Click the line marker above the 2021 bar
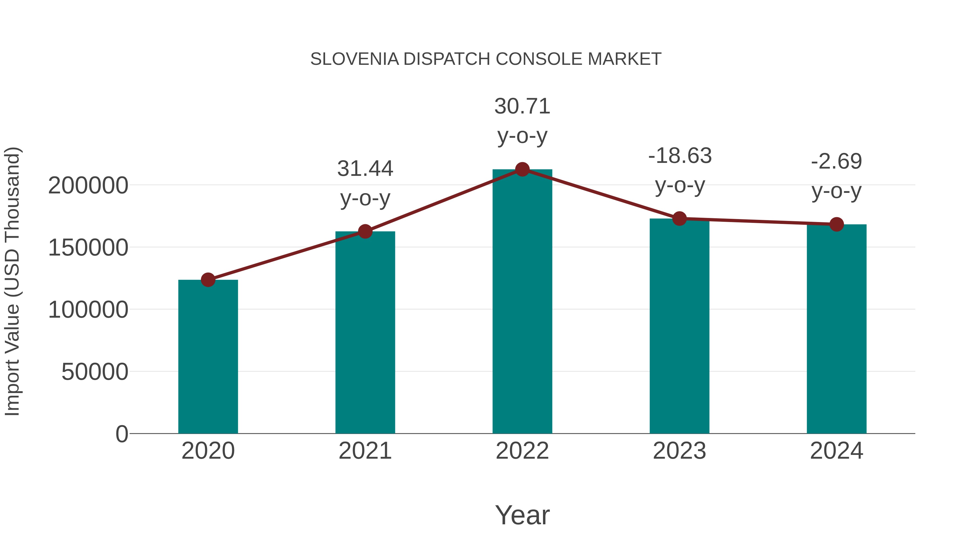click(x=365, y=231)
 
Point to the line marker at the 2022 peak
click(x=522, y=169)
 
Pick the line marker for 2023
click(x=680, y=219)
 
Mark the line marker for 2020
click(x=208, y=280)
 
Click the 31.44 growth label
click(x=365, y=169)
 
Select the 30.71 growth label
click(x=522, y=106)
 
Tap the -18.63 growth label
click(x=680, y=156)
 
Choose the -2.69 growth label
click(x=836, y=162)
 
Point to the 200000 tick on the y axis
click(x=88, y=186)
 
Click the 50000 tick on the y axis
click(x=95, y=372)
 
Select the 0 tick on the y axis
click(x=122, y=434)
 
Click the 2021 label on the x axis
click(x=365, y=451)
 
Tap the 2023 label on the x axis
click(x=680, y=451)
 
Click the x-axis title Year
click(x=522, y=515)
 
